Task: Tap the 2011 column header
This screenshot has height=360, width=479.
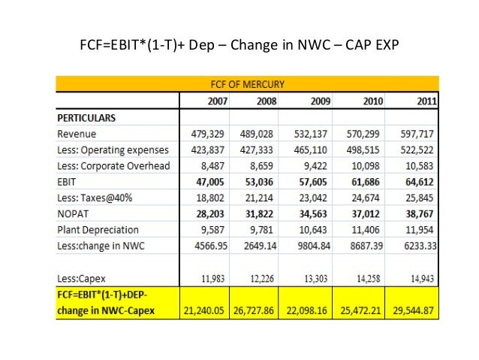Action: [423, 101]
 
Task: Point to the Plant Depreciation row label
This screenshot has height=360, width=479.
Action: [98, 230]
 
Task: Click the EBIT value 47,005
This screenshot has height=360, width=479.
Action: [205, 182]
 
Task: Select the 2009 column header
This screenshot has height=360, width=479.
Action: [318, 101]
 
